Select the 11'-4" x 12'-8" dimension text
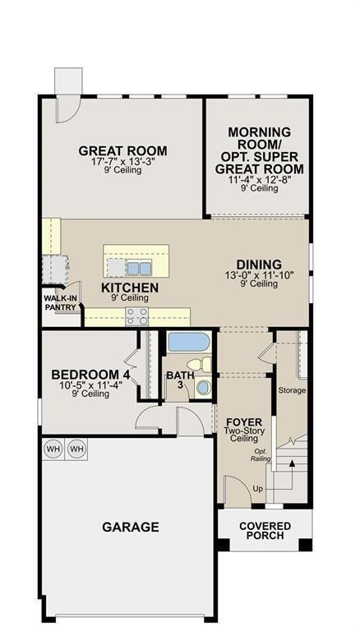259,179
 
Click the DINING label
259,265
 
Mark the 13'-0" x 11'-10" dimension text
259,275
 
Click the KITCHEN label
130,288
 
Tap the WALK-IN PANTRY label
60,303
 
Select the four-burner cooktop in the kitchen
137,317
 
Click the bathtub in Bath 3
189,343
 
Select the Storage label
292,389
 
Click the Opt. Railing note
260,455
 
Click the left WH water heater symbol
53,449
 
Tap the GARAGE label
131,527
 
